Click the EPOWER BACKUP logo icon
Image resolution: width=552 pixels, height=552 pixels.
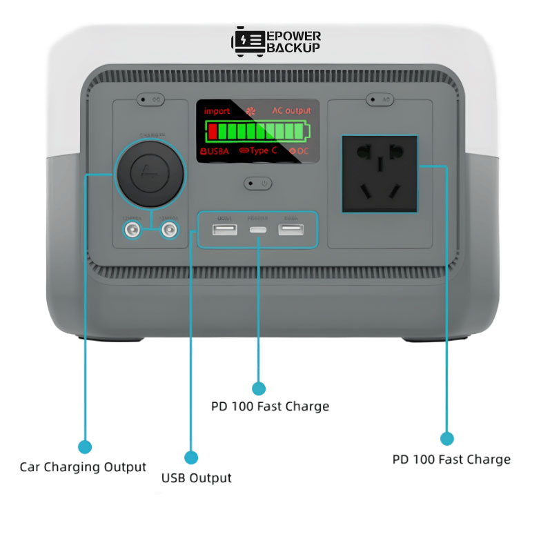tap(246, 41)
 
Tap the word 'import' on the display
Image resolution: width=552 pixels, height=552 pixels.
tap(217, 110)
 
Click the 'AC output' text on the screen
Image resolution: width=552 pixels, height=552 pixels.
tap(291, 110)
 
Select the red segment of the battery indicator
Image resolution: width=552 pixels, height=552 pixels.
tap(213, 131)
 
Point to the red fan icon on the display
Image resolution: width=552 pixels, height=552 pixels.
tap(250, 110)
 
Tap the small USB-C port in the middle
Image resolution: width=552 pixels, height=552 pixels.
tap(258, 229)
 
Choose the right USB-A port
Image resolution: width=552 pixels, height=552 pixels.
tap(290, 229)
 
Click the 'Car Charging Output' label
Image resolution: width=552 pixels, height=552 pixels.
tap(83, 467)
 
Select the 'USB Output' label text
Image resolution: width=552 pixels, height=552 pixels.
tap(197, 477)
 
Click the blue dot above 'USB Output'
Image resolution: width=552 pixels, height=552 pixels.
tap(191, 457)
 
